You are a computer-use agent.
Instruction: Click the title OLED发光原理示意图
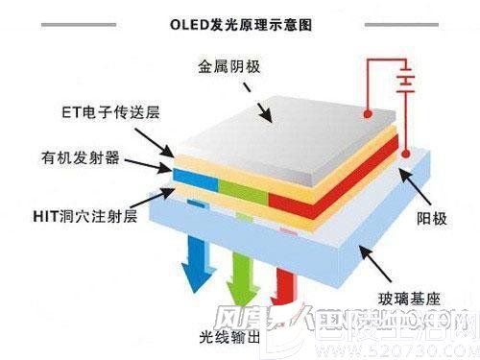coord(240,18)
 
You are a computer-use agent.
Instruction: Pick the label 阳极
coord(433,218)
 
